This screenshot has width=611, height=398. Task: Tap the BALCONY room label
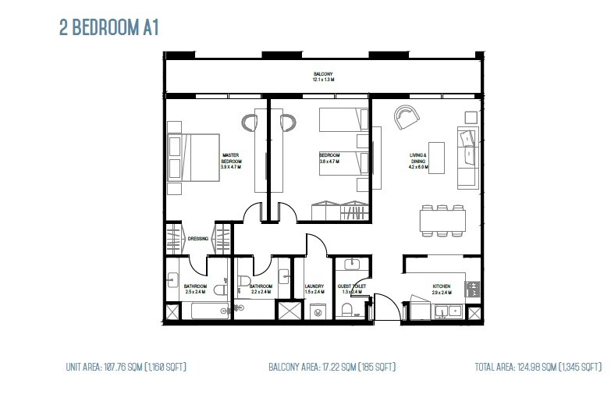323,76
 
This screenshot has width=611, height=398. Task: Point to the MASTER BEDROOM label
230,161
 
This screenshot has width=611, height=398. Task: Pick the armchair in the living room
406,118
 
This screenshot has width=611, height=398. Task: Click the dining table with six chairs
442,220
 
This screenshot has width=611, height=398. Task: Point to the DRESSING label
197,239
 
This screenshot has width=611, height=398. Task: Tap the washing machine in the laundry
318,311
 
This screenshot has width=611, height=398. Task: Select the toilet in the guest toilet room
347,310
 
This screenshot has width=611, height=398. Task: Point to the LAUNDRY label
314,286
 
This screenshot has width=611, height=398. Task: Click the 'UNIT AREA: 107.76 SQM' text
126,366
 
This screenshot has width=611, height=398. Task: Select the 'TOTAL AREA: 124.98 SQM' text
538,366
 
